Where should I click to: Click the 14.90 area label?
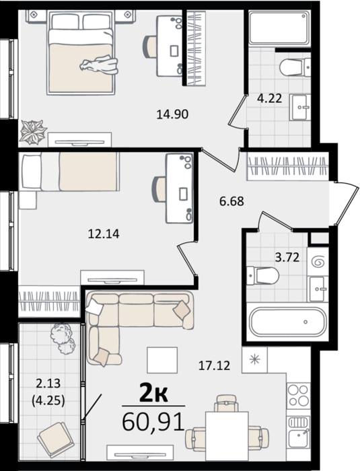point(172,114)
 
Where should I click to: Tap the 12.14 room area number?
point(104,233)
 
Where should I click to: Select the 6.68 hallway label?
point(231,201)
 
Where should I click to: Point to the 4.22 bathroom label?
point(270,98)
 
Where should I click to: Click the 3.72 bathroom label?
point(287,257)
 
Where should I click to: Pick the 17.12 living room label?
point(214,365)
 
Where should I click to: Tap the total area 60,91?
point(153,422)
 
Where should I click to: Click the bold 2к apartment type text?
point(153,394)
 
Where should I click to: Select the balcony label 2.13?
point(48,384)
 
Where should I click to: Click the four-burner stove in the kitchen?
point(298,396)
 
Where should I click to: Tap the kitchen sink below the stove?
point(298,432)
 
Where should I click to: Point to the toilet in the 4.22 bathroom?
point(295,67)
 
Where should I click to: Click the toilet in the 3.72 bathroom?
point(262,275)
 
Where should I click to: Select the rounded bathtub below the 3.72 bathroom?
point(288,322)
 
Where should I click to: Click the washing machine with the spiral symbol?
point(318,262)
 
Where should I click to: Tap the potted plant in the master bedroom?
point(33,132)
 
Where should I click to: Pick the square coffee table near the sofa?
point(162,360)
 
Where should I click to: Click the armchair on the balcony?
point(56,440)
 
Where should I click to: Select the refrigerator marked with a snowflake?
point(254,360)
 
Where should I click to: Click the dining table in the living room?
point(227,436)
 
